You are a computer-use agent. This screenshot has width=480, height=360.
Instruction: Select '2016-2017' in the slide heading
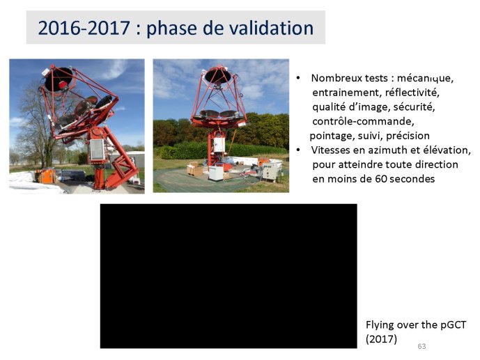[x=84, y=28]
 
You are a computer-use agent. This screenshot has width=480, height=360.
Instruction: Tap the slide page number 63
[x=421, y=346]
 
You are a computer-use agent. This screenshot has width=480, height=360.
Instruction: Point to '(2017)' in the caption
[x=381, y=339]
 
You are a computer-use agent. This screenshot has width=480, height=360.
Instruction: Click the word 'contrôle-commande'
[x=363, y=121]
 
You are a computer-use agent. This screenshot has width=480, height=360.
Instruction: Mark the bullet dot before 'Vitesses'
[x=298, y=150]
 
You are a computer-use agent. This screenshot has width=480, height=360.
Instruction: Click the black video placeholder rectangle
[x=229, y=276]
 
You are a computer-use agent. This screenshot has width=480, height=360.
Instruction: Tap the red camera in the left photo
[x=63, y=85]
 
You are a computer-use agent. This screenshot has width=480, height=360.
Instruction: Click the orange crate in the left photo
[x=46, y=176]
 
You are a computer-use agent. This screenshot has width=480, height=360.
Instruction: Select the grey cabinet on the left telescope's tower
[x=98, y=149]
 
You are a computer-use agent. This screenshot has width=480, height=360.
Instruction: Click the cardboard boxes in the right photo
[x=194, y=169]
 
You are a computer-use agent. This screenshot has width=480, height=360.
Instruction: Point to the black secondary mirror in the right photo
[x=217, y=75]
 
